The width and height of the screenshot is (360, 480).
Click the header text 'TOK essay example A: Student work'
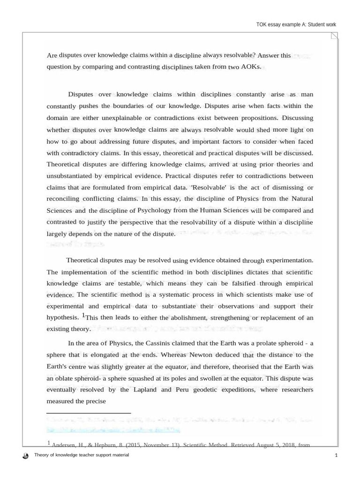[296, 25]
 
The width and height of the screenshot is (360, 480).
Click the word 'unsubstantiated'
[70, 176]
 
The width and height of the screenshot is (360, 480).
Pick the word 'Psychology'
[159, 210]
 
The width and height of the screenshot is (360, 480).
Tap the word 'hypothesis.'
[63, 317]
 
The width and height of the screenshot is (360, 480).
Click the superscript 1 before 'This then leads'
[83, 315]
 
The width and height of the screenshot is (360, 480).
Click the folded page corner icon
[333, 36]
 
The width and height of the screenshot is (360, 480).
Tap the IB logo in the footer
[25, 456]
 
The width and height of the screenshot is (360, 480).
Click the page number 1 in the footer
[336, 456]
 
